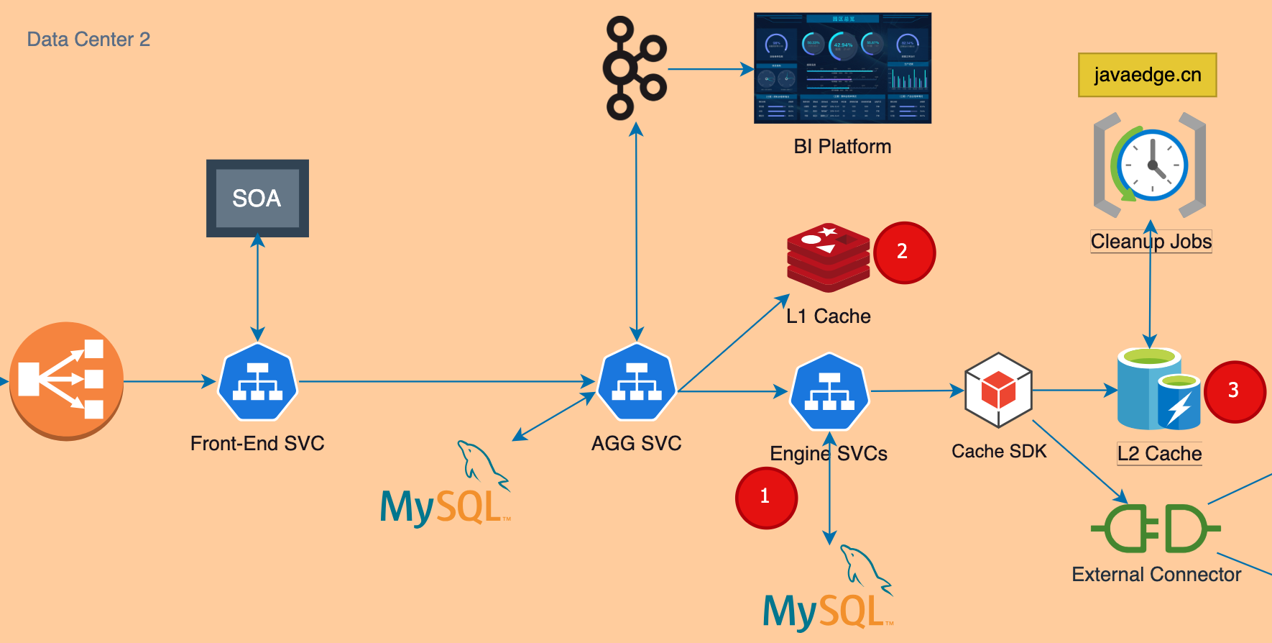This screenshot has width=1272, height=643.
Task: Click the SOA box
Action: [x=257, y=199]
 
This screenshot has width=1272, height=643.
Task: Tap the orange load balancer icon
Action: [x=67, y=380]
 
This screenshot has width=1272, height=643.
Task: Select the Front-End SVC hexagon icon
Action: [x=257, y=382]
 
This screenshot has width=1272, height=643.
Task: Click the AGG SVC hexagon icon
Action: [x=637, y=382]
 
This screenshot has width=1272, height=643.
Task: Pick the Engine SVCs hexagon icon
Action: [x=829, y=391]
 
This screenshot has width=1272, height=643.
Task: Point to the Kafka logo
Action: [x=634, y=69]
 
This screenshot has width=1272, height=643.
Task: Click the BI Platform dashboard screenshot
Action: [x=842, y=68]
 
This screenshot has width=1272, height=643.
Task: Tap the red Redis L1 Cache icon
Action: [x=829, y=257]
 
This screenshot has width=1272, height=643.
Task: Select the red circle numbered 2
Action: [x=904, y=252]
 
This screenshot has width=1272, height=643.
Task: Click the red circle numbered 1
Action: [x=766, y=498]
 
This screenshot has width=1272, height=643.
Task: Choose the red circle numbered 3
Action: [x=1234, y=391]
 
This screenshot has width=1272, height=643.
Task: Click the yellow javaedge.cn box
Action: [x=1147, y=75]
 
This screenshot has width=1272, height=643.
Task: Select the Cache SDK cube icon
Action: [x=998, y=390]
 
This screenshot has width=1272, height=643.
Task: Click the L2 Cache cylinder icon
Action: [x=1158, y=389]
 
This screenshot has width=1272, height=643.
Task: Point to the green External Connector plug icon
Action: [x=1156, y=529]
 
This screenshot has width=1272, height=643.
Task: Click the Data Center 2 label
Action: [x=88, y=40]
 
